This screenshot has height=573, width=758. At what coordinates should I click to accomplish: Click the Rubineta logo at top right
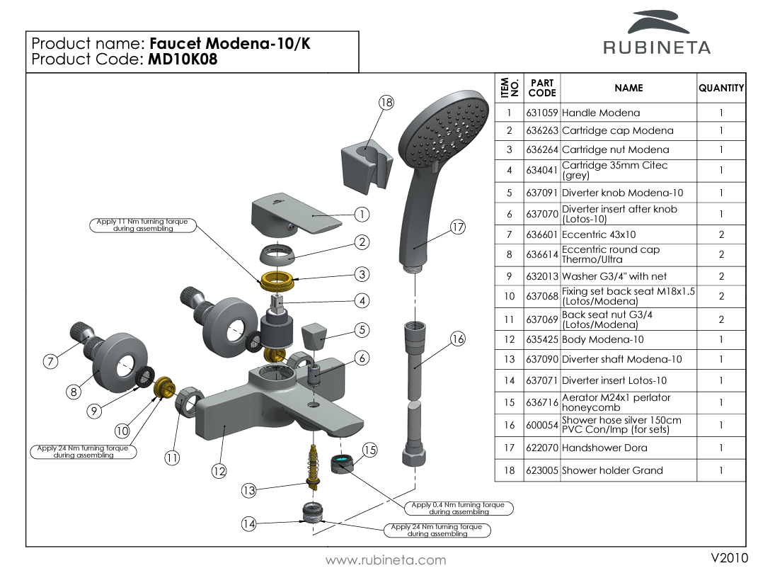coord(656,33)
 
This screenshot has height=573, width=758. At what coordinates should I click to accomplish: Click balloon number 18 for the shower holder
coord(386,103)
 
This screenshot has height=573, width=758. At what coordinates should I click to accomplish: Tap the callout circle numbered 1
coord(362,214)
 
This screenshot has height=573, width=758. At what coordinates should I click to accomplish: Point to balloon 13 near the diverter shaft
coord(248,490)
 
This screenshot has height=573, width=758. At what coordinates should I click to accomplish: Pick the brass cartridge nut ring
coord(278,280)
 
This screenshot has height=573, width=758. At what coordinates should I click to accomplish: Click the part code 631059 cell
coord(541,113)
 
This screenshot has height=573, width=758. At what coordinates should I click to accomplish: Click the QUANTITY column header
coord(721,88)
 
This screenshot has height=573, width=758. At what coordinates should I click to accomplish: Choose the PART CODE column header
coord(542,88)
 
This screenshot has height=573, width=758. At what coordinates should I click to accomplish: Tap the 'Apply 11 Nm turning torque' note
coord(143,225)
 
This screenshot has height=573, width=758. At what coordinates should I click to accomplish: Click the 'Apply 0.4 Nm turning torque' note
coord(459,509)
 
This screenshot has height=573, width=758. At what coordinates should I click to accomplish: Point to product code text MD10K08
coord(183,59)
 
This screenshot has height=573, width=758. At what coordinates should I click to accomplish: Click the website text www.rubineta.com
coord(386,560)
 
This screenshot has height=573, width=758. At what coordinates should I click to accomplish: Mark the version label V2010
coord(729,557)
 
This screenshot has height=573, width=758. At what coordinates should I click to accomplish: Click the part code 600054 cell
coord(541,425)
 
